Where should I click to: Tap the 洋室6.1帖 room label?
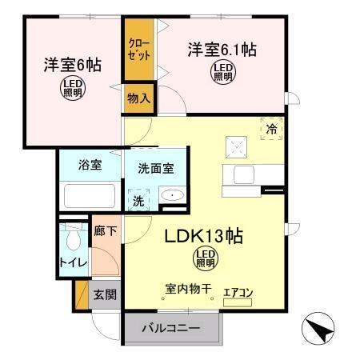tap(222, 50)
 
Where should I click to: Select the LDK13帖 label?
tap(204, 238)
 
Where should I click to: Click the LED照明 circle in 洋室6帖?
tap(72, 88)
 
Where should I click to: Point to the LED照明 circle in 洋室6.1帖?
tap(222, 73)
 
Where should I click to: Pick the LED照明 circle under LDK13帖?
tap(205, 258)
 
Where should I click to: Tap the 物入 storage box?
tap(138, 98)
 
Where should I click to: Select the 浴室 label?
tap(89, 165)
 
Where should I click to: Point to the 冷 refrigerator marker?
tap(272, 128)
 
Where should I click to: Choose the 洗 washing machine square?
tap(138, 199)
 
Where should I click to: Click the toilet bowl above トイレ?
tap(74, 238)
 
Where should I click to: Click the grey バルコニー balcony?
tap(170, 328)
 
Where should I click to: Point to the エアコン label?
tap(238, 293)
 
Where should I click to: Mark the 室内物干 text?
tap(188, 289)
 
